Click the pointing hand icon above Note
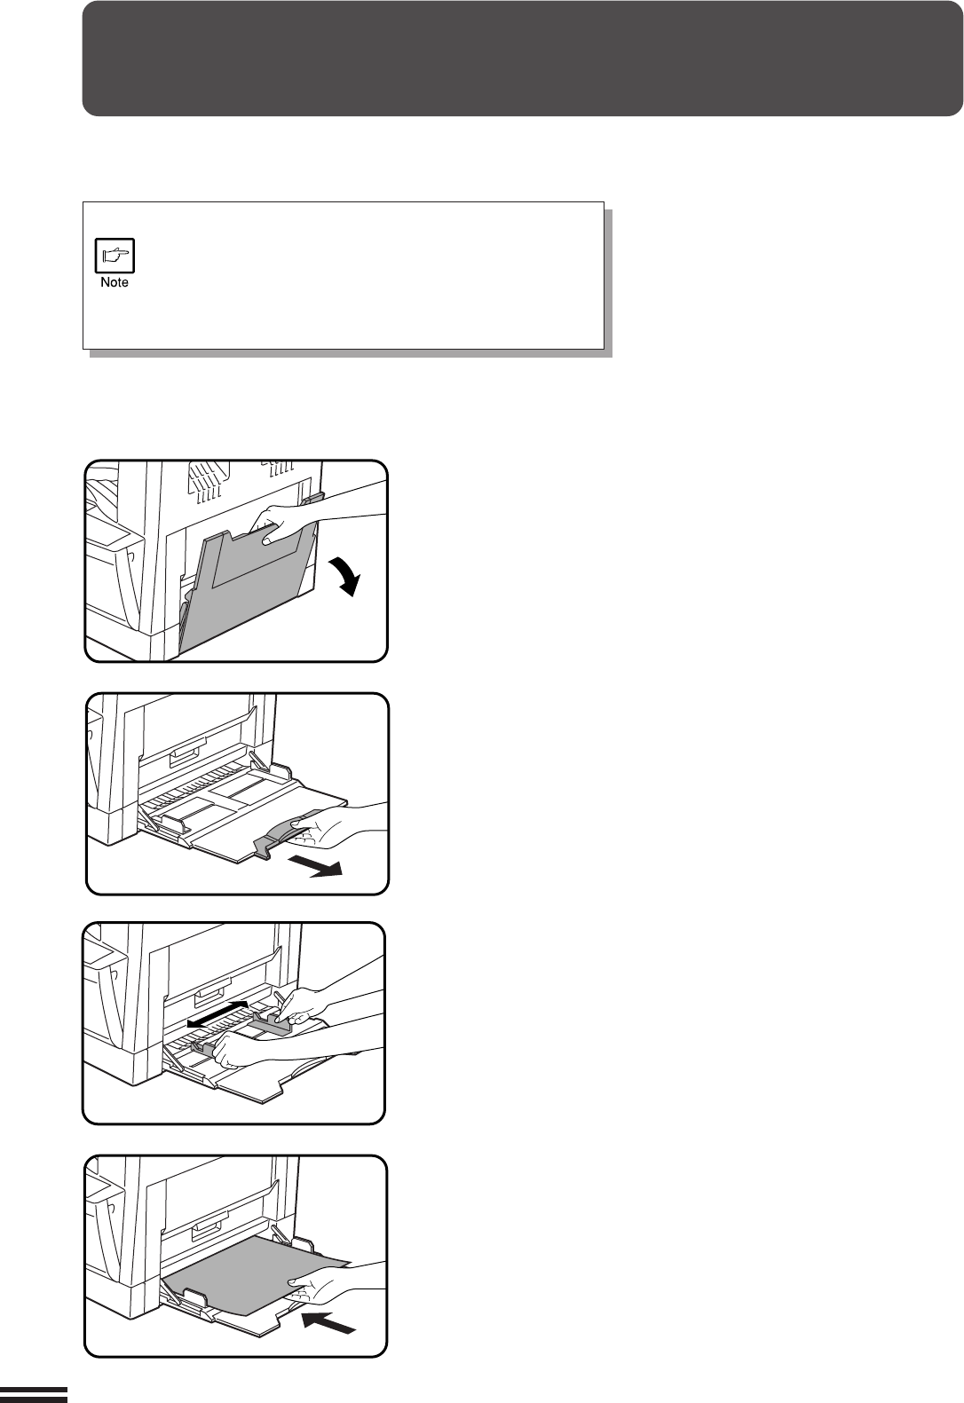tap(115, 256)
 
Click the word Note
tap(115, 282)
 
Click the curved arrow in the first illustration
tap(346, 575)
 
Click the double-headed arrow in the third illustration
tap(218, 1013)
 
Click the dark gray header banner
tap(523, 59)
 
